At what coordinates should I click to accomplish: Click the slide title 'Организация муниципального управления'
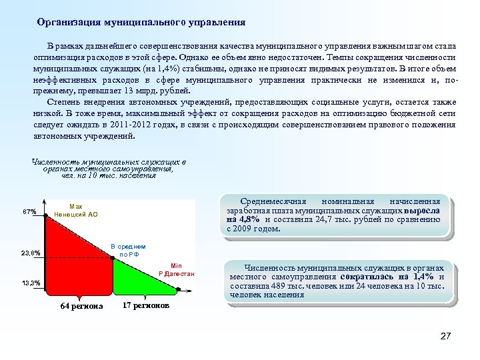pyautogui.click(x=141, y=22)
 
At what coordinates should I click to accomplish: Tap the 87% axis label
pyautogui.click(x=29, y=211)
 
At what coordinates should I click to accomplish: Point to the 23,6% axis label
pyautogui.click(x=31, y=253)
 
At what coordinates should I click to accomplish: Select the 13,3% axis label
pyautogui.click(x=31, y=283)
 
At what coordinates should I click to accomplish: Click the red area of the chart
pyautogui.click(x=73, y=267)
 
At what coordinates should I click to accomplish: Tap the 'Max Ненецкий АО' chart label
pyautogui.click(x=75, y=211)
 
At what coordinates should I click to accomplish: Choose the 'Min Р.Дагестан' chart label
pyautogui.click(x=177, y=269)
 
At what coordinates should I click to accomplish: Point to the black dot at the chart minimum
pyautogui.click(x=178, y=289)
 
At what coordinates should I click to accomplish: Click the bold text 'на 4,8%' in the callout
pyautogui.click(x=241, y=219)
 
